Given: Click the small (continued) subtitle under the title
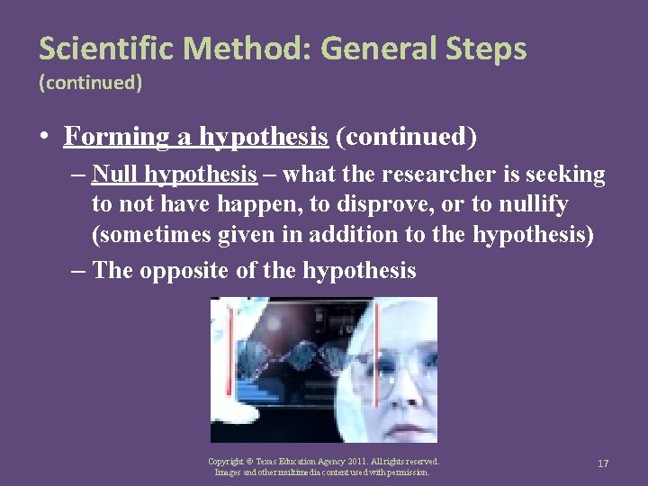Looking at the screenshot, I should click(x=90, y=83).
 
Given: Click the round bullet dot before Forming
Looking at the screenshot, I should click(x=43, y=138).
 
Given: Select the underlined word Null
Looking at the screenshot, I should click(x=114, y=173).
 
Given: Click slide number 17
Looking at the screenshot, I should click(x=603, y=463).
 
